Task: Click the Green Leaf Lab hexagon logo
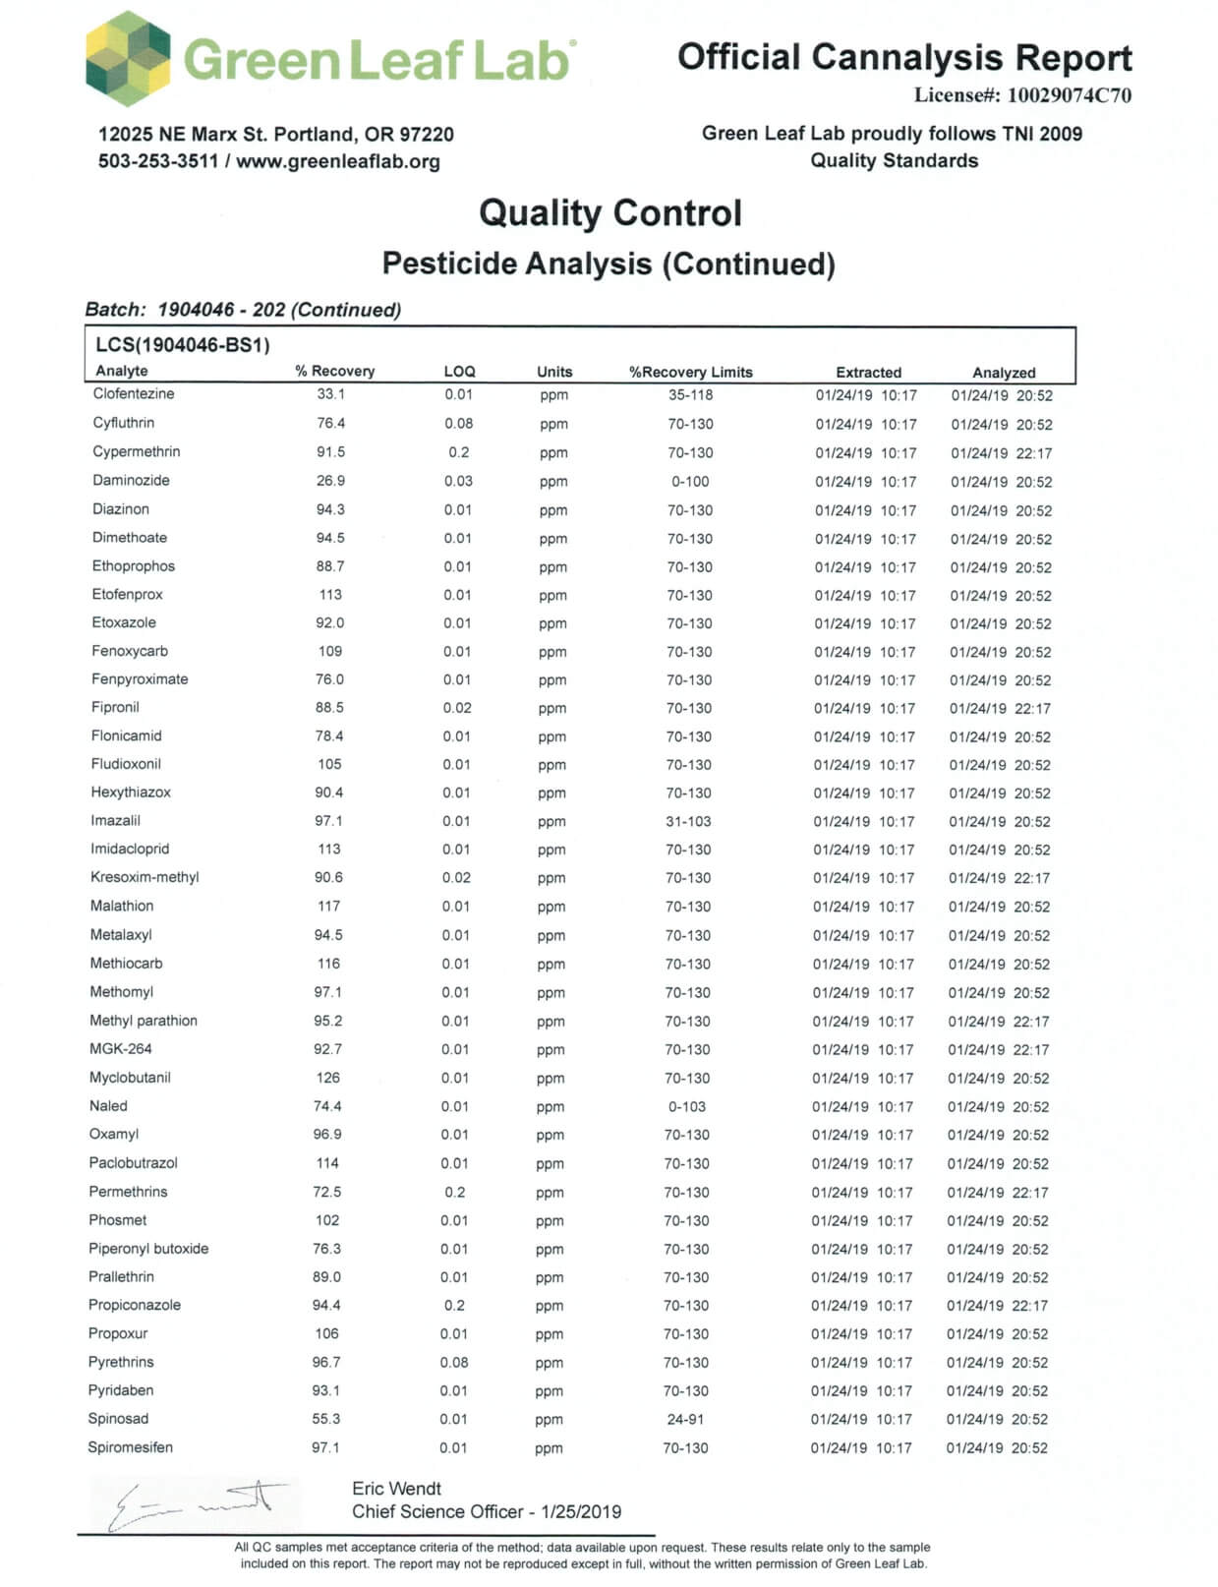(x=128, y=58)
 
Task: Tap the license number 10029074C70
(x=1069, y=95)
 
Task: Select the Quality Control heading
(x=609, y=213)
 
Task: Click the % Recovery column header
(x=334, y=371)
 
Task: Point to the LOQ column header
(x=459, y=371)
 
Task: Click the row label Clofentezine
(x=134, y=393)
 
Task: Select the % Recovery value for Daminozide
(x=330, y=481)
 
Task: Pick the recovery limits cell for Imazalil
(x=688, y=821)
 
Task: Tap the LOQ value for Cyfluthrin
(x=458, y=424)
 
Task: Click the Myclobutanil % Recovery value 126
(x=327, y=1078)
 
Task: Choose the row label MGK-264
(x=121, y=1049)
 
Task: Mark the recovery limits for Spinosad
(x=685, y=1419)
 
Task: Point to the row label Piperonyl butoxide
(x=148, y=1249)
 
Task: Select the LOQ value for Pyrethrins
(x=454, y=1363)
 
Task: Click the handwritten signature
(x=197, y=1502)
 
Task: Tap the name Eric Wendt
(x=396, y=1489)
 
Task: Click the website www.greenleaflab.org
(x=338, y=161)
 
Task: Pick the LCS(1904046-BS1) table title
(x=183, y=345)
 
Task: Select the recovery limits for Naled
(x=687, y=1106)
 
